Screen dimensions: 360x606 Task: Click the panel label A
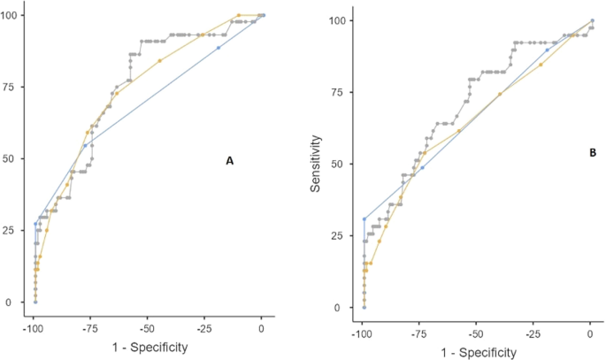pos(230,161)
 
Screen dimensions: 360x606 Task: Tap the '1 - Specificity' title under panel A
pos(149,348)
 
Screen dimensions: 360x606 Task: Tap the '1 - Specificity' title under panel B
pos(476,351)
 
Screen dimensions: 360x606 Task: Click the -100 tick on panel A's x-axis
pos(34,328)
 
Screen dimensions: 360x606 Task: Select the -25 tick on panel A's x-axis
pos(204,328)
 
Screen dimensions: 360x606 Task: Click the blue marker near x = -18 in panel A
pos(219,48)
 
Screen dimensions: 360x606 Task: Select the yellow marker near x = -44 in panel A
pos(160,61)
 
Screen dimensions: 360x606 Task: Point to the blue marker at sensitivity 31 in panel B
pos(364,218)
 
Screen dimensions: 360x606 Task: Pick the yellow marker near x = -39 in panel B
pos(501,94)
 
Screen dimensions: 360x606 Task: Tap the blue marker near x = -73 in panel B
pos(423,167)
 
